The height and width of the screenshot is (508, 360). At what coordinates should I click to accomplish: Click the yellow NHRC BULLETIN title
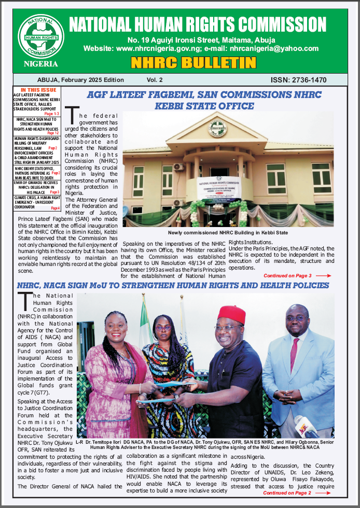(x=193, y=63)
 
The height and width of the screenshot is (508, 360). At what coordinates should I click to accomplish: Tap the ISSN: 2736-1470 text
(x=298, y=80)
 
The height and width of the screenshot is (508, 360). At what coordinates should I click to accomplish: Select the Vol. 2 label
(x=155, y=80)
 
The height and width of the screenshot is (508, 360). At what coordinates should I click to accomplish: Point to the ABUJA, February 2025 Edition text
(x=80, y=80)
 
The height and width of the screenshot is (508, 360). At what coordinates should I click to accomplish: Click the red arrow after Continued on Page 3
(x=323, y=276)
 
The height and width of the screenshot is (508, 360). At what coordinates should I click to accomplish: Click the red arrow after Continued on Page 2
(x=323, y=493)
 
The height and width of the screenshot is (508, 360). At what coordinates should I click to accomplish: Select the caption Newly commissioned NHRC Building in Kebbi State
(x=228, y=233)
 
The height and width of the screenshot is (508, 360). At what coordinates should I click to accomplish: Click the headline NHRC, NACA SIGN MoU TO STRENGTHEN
(x=173, y=286)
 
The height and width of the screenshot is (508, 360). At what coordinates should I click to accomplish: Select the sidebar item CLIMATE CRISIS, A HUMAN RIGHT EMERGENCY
(x=37, y=201)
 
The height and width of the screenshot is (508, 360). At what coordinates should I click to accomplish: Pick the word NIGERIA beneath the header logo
(x=41, y=64)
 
